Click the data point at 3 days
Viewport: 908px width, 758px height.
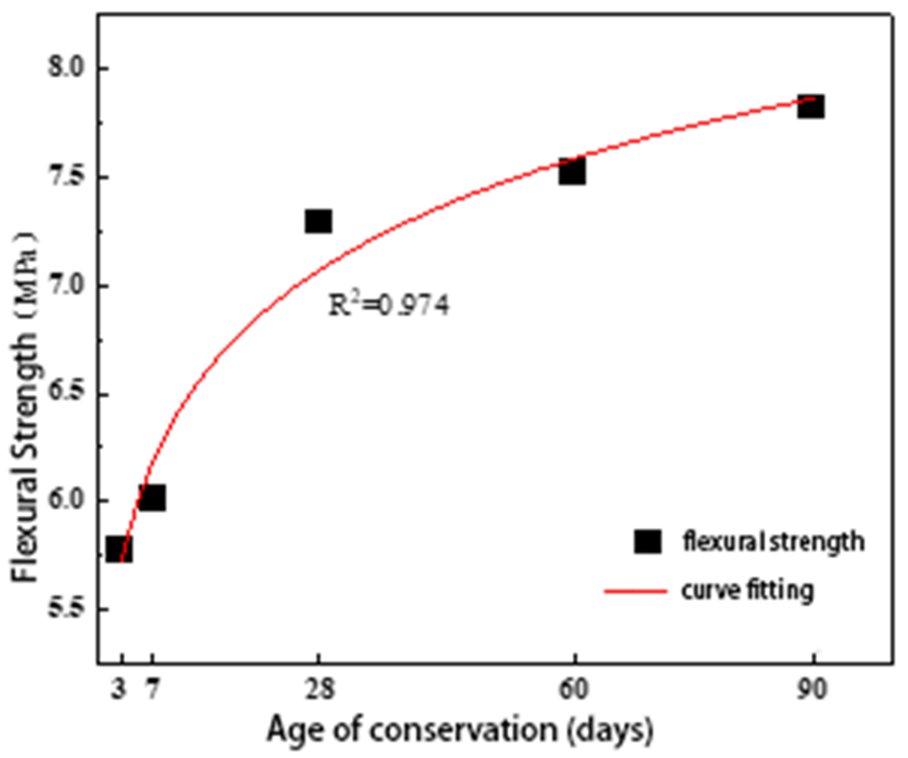pos(119,549)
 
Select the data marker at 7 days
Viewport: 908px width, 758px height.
pos(152,498)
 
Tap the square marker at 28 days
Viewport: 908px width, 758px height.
pos(318,221)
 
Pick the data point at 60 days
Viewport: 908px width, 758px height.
pos(573,171)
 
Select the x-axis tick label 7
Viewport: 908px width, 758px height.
pos(152,690)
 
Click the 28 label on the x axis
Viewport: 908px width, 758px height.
pos(319,690)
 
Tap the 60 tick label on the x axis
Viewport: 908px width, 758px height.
pos(574,690)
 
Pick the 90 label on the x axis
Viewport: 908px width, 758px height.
pos(813,690)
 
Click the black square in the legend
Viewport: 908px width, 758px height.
pos(647,542)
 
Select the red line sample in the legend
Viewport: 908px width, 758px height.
pos(635,591)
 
